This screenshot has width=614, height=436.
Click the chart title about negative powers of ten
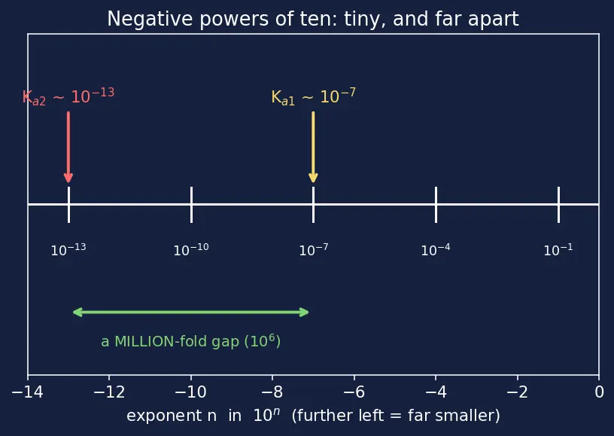point(313,19)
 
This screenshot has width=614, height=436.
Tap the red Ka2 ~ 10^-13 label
point(68,96)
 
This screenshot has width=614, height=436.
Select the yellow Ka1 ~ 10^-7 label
point(313,96)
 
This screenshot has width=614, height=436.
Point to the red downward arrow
point(68,147)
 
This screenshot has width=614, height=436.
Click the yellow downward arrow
point(313,147)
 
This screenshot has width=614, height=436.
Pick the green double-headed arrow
point(190,313)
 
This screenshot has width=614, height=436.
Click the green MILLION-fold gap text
point(190,341)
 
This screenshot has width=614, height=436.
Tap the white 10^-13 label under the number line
point(68,249)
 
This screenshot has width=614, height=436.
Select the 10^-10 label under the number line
point(191,249)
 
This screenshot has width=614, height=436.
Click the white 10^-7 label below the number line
point(314,249)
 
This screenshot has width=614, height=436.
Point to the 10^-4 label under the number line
point(436,249)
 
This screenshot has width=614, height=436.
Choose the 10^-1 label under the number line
point(558,249)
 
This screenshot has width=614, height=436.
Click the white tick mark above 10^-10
point(191,205)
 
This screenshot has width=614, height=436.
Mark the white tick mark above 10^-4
point(436,205)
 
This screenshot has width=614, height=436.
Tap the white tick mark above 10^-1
point(558,205)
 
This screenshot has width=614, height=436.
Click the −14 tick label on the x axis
point(27,392)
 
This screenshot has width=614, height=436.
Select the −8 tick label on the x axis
point(272,392)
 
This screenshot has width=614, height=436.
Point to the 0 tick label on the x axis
point(599,392)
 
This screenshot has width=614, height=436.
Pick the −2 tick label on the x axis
point(517,392)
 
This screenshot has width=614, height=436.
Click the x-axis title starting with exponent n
point(313,415)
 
